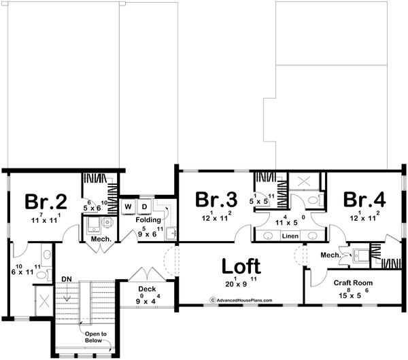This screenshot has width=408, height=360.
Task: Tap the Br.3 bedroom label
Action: pos(216,200)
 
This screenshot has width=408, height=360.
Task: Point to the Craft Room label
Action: pos(351,282)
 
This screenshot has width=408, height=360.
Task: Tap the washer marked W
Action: pos(128,206)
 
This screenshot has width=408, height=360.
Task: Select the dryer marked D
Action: pos(144,206)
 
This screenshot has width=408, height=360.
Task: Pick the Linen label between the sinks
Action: pos(290,236)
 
